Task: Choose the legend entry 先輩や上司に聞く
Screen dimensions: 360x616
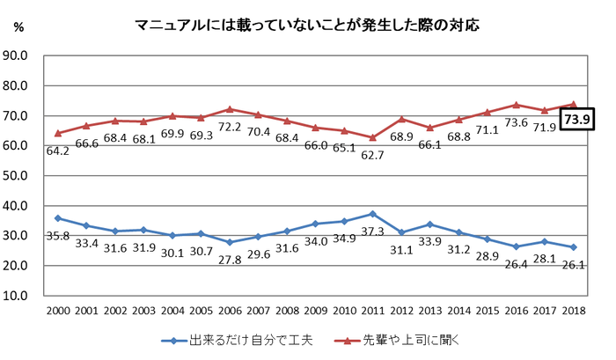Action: click(x=407, y=339)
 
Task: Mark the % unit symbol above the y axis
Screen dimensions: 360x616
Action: click(x=18, y=28)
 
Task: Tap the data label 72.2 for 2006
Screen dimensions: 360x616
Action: click(x=230, y=127)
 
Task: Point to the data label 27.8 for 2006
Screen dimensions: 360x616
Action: click(x=230, y=260)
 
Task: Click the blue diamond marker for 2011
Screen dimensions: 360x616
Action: click(x=373, y=214)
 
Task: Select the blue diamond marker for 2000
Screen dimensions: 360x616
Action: click(x=57, y=218)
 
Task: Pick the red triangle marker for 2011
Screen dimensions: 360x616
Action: click(x=373, y=137)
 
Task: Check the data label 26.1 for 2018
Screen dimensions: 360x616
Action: click(x=575, y=265)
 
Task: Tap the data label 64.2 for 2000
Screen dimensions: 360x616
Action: click(x=57, y=151)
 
